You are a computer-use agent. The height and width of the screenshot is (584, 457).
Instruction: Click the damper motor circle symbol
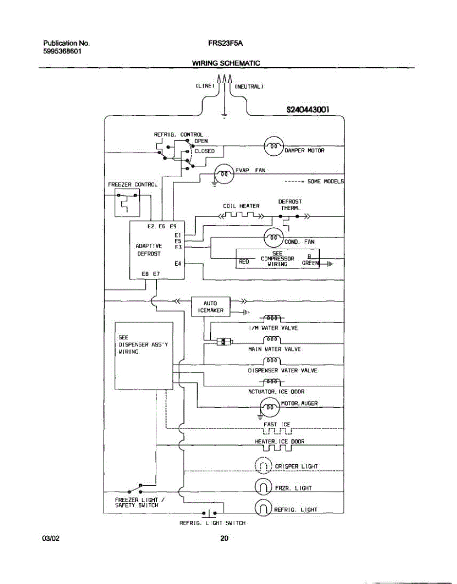273,146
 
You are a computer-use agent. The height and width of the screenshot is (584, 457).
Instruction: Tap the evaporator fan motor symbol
224,174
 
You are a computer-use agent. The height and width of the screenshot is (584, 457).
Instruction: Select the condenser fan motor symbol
273,237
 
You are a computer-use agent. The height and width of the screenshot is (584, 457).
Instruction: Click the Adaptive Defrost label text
149,250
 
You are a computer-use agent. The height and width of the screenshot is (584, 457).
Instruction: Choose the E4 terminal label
178,263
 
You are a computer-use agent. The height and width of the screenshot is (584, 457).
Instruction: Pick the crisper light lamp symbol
263,466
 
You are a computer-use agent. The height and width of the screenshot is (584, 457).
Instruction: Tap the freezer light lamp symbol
263,487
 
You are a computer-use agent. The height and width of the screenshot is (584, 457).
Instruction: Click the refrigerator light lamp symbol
263,509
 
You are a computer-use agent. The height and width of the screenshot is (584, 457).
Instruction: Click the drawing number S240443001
309,110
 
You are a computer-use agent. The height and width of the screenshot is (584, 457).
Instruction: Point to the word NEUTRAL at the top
249,87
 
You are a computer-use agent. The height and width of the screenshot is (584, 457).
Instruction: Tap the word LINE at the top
205,86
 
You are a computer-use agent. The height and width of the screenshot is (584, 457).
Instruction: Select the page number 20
224,538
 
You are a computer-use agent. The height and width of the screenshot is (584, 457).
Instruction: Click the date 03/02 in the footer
51,538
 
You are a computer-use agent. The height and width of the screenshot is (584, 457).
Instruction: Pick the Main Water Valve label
274,349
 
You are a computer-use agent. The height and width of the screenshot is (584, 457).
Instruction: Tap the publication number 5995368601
61,51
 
